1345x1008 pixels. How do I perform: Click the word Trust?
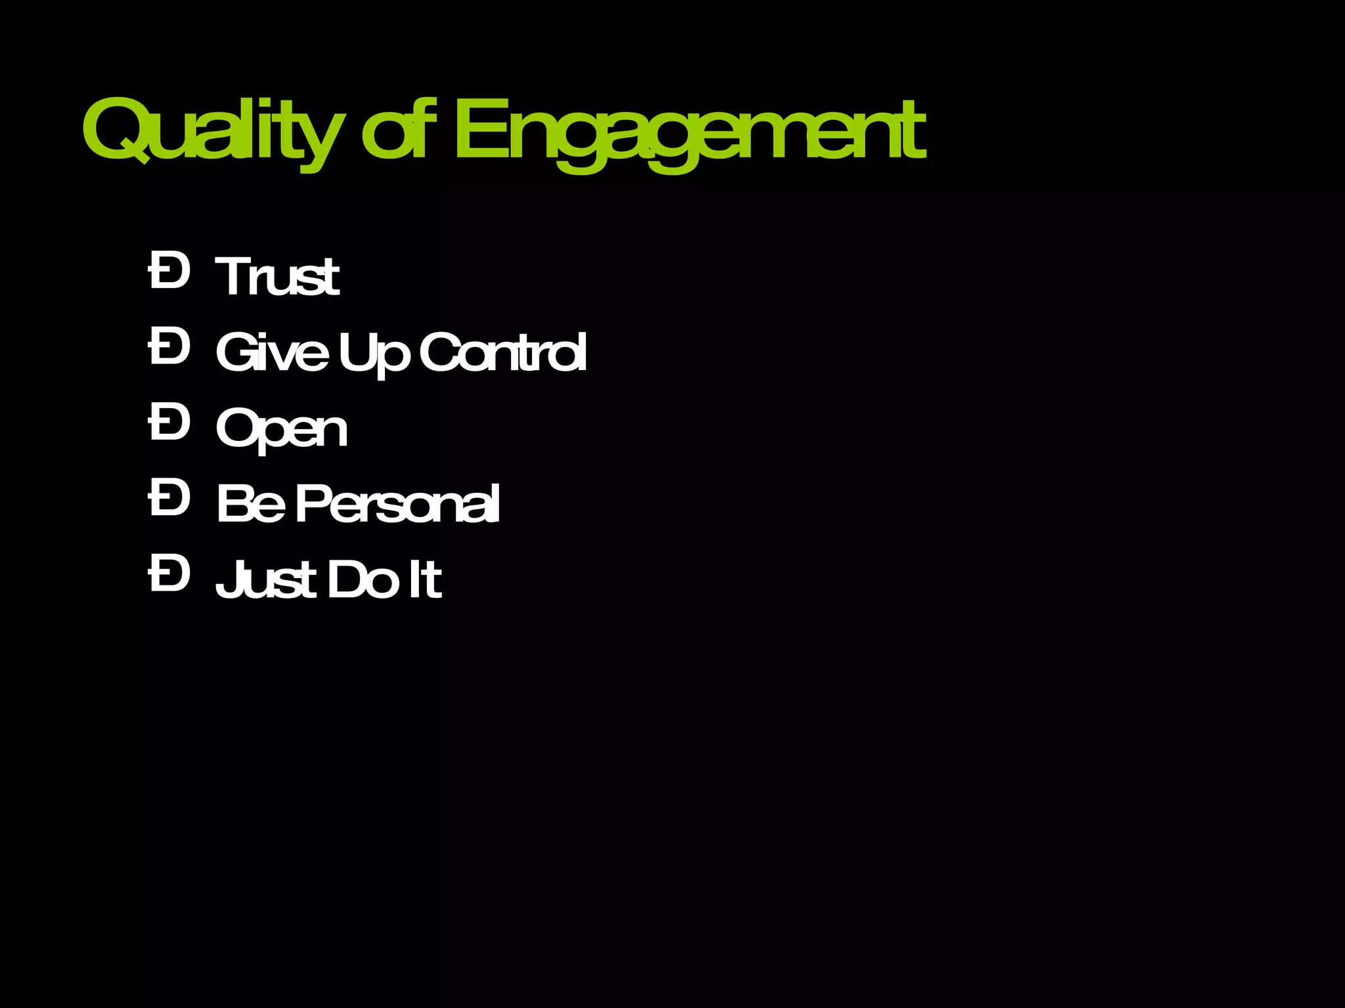coord(277,276)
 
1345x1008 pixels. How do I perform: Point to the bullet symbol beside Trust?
coord(169,270)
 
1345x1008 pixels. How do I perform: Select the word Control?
coord(503,352)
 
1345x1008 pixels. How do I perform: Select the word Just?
coord(266,579)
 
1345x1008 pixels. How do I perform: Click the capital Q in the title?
coord(118,131)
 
